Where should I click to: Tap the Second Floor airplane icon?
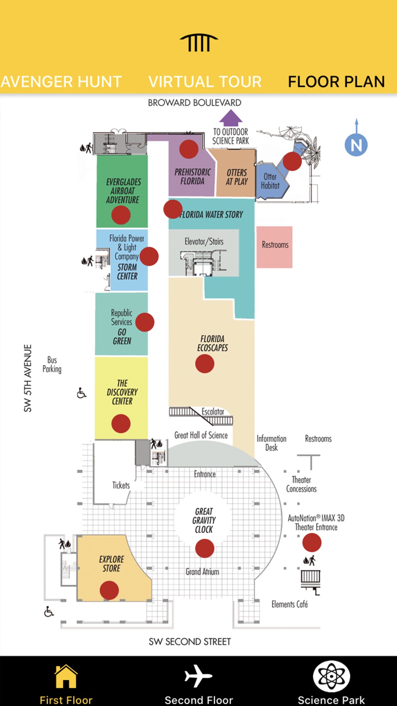click(x=198, y=676)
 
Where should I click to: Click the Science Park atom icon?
click(x=331, y=676)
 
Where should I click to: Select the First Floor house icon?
click(x=66, y=676)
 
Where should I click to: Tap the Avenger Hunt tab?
click(x=61, y=82)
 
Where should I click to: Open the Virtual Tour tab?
click(x=205, y=82)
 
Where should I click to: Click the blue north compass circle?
click(x=356, y=145)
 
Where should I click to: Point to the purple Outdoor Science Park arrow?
click(x=231, y=118)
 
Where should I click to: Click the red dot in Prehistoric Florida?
click(x=189, y=149)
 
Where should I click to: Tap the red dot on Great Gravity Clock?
click(x=204, y=548)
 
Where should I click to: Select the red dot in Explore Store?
click(x=109, y=590)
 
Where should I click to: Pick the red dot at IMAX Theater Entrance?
click(x=312, y=542)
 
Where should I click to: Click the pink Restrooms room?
click(x=275, y=247)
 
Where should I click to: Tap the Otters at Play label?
click(x=237, y=177)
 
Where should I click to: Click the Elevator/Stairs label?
click(x=204, y=241)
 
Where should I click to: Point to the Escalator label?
click(x=213, y=411)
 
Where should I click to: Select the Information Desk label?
click(x=272, y=443)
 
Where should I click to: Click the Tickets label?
click(x=121, y=485)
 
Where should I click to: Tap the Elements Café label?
click(x=290, y=604)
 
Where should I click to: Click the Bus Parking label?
click(x=52, y=365)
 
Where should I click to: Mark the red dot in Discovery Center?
click(x=121, y=424)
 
